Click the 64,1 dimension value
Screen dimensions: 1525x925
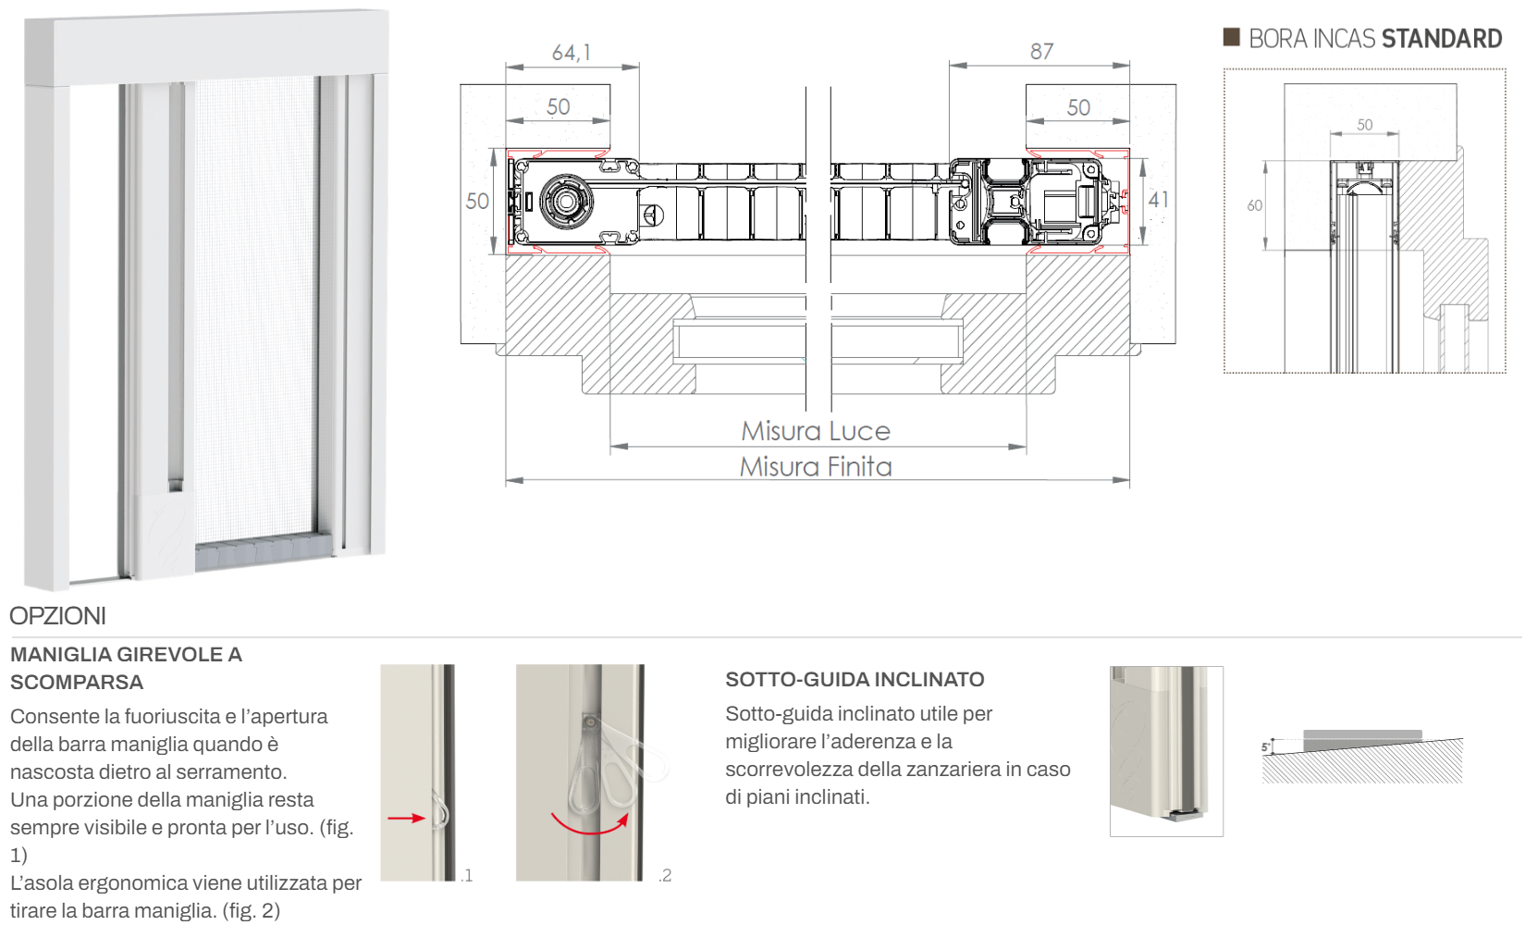coord(572,53)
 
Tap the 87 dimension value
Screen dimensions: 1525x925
coord(1041,51)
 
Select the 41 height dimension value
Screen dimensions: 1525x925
coord(1158,200)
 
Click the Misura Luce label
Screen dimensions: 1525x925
coord(816,431)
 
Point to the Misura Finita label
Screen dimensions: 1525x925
coord(816,467)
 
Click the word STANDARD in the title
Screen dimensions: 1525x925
coord(1442,39)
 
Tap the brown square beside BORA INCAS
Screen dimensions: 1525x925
coord(1231,37)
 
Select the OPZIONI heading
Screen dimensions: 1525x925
coord(58,616)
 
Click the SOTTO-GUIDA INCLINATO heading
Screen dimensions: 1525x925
coord(855,679)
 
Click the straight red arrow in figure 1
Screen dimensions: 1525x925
coord(406,818)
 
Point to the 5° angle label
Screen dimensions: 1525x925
coord(1266,747)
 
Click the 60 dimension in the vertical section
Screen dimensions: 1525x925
coord(1255,205)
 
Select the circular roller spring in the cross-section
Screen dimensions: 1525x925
coord(566,202)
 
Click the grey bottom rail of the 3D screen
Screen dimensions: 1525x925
coord(264,552)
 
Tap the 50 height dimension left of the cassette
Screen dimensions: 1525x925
coord(477,201)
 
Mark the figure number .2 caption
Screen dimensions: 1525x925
coord(665,875)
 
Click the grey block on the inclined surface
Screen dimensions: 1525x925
coord(1362,740)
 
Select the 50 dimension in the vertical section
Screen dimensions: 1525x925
coord(1364,125)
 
